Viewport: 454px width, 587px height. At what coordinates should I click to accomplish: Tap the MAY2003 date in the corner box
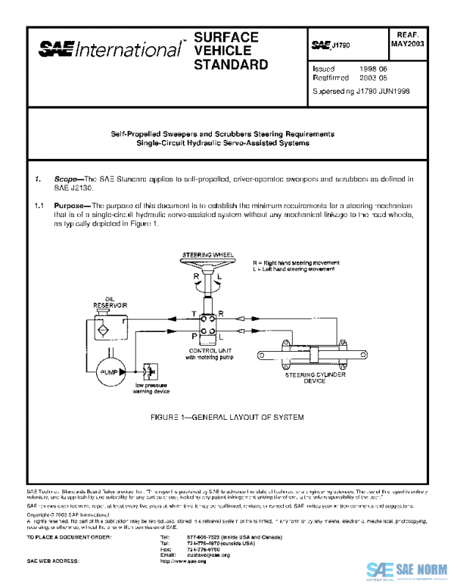(x=409, y=45)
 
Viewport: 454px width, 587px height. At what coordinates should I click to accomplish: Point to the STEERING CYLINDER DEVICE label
(x=305, y=378)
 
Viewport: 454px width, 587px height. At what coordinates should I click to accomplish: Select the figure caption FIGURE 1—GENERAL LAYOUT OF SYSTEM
(x=227, y=418)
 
